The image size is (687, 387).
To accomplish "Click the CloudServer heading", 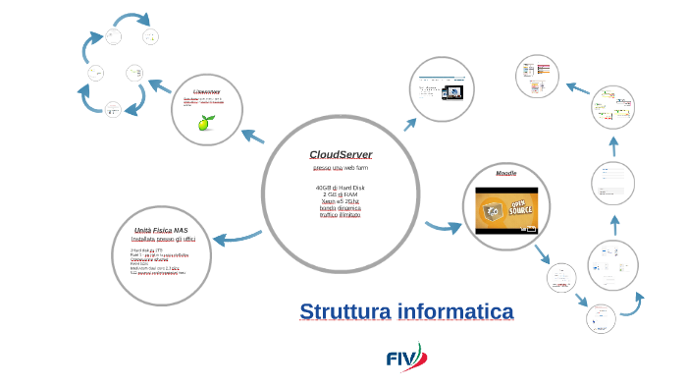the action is (x=341, y=155).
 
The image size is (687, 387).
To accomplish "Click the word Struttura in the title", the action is (x=345, y=312).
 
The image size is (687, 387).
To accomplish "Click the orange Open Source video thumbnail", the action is (x=505, y=209).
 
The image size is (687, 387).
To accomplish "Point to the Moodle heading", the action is (x=505, y=173).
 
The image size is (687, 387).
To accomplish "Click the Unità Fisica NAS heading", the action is (x=161, y=230).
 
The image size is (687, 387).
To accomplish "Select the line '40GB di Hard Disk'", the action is (x=340, y=188).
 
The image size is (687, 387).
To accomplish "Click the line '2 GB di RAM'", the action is (x=340, y=194).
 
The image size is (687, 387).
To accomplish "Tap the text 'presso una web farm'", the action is (x=340, y=169).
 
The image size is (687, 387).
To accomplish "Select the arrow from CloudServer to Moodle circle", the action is (x=441, y=228).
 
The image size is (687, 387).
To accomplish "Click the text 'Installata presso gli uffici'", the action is (x=163, y=240).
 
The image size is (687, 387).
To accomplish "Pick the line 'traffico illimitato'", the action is (x=340, y=214).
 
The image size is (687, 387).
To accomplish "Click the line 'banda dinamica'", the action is (x=340, y=207).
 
